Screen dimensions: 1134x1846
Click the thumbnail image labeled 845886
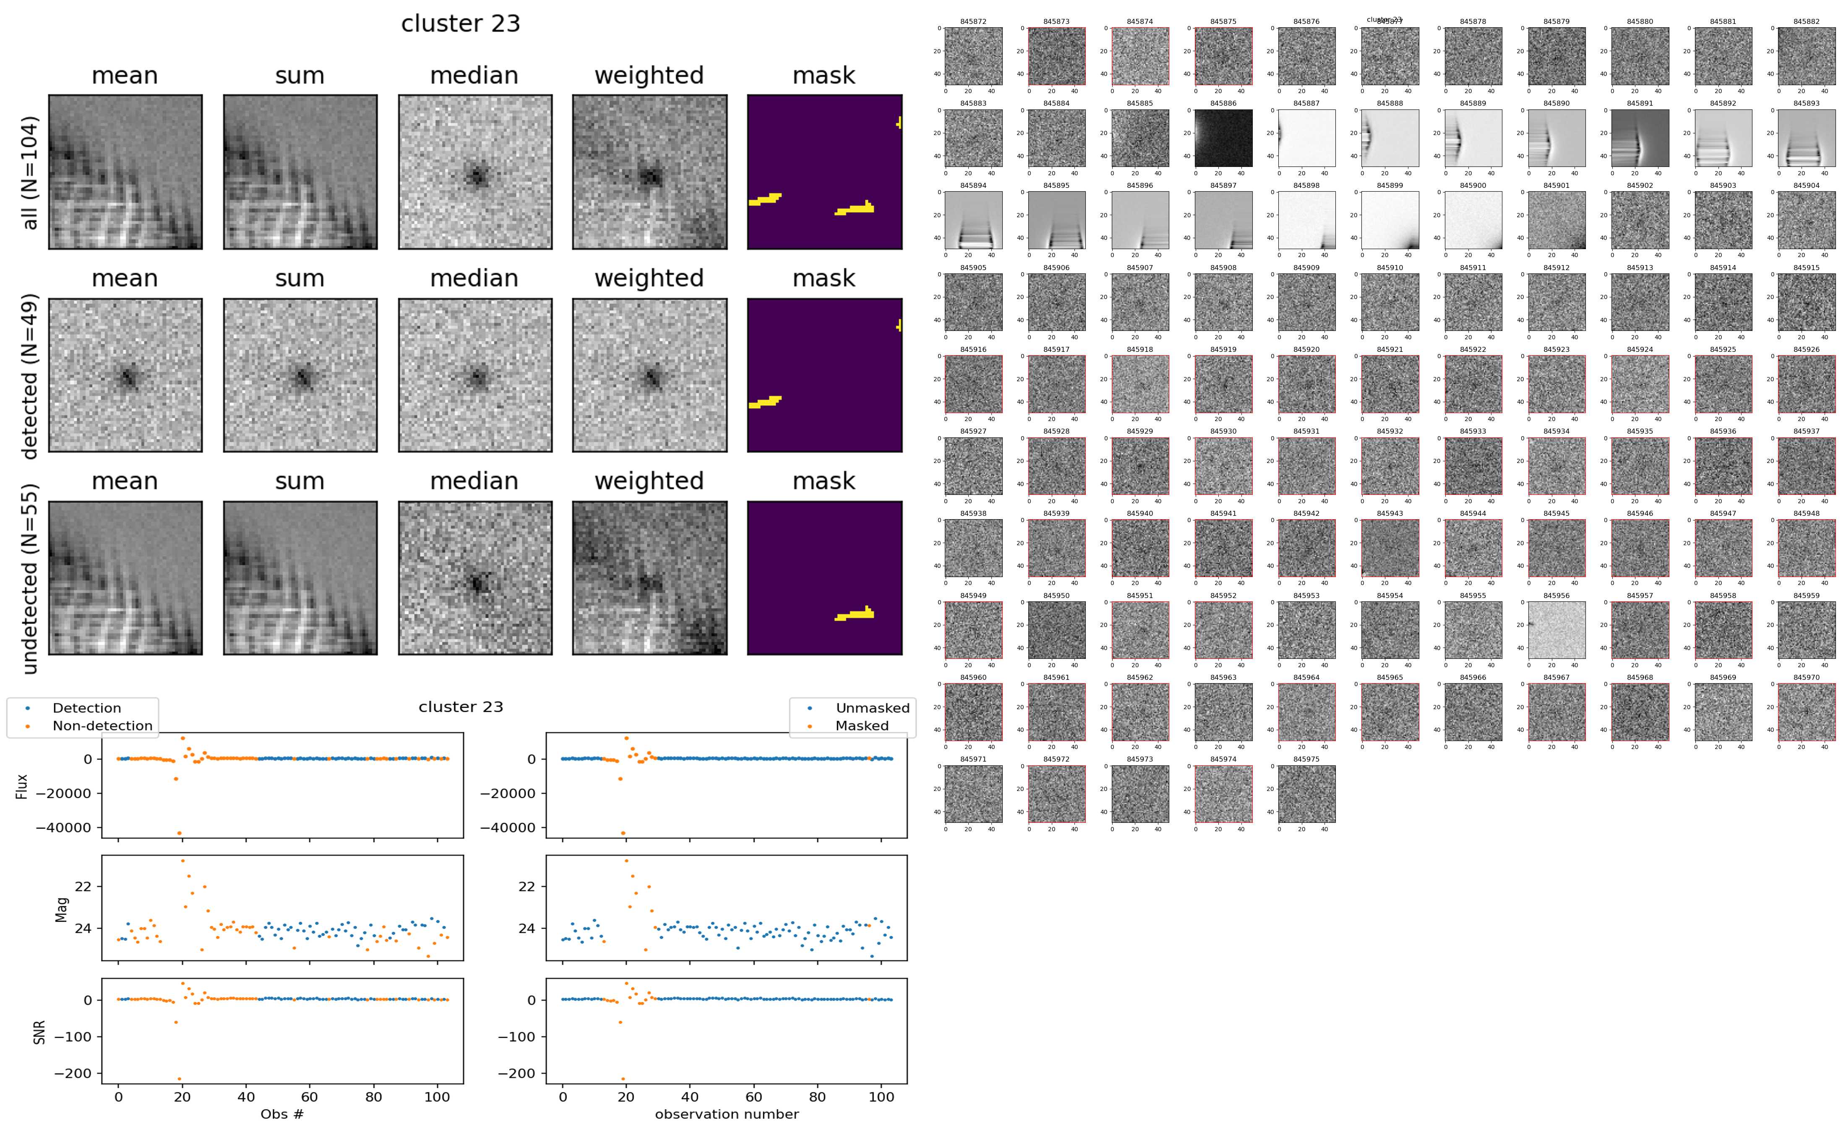click(1223, 138)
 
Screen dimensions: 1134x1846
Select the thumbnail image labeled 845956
click(1557, 630)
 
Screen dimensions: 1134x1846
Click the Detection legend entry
click(86, 708)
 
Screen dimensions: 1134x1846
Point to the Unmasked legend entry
click(872, 708)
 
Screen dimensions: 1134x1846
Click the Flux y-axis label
click(22, 786)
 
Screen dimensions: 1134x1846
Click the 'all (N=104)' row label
click(30, 172)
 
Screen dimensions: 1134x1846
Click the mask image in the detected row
click(824, 375)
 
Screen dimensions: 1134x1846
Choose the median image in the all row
click(475, 172)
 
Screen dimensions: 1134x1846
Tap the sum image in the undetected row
click(300, 578)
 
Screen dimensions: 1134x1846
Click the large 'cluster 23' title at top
click(461, 24)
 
